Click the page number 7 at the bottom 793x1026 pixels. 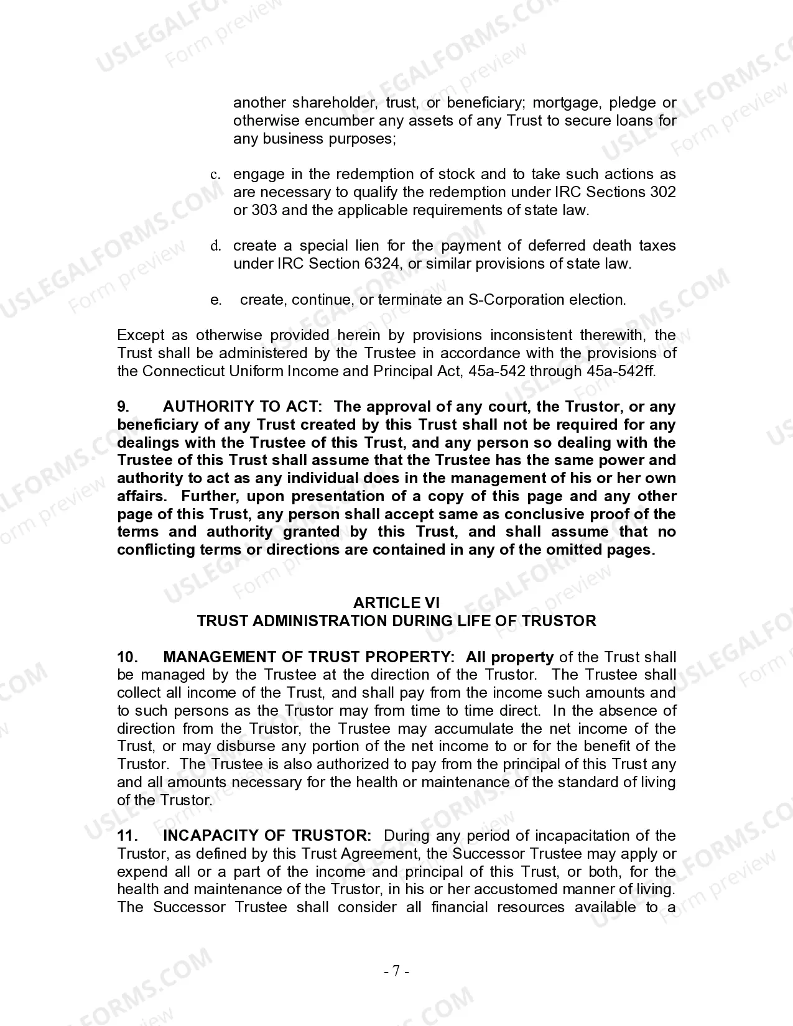[396, 971]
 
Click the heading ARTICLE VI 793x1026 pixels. [396, 603]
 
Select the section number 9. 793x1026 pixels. [123, 407]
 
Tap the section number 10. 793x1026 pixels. [127, 657]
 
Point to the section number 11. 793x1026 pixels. [126, 836]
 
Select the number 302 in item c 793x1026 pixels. [662, 192]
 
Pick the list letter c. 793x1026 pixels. [215, 175]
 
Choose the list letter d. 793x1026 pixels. [216, 246]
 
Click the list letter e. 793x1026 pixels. [216, 300]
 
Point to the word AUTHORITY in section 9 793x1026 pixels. [208, 407]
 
